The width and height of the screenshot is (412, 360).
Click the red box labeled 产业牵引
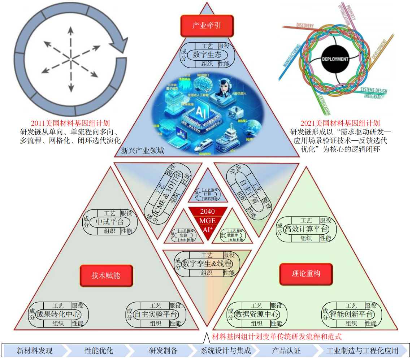click(x=207, y=26)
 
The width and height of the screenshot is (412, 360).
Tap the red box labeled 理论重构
click(x=306, y=274)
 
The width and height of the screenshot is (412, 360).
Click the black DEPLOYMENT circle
click(x=335, y=59)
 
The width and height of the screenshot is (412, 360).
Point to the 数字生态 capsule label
click(x=207, y=55)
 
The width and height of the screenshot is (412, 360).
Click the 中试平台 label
click(x=110, y=222)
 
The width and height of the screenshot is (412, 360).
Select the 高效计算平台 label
click(x=306, y=229)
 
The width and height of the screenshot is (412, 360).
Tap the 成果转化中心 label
click(x=58, y=314)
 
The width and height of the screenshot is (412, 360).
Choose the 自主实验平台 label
click(x=155, y=314)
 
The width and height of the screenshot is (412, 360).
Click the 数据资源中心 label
click(x=257, y=314)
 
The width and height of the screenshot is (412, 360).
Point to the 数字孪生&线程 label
click(x=207, y=264)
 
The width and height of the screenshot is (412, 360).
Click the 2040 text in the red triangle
click(x=207, y=212)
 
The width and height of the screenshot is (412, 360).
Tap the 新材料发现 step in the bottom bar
click(x=35, y=351)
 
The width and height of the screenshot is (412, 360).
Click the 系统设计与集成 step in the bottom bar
click(x=226, y=351)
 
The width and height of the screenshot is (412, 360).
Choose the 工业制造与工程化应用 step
click(x=362, y=351)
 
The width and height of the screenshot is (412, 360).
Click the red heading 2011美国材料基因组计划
click(x=70, y=123)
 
